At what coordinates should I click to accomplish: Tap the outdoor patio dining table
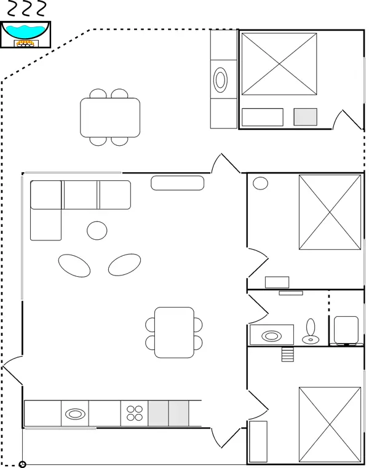click(110, 117)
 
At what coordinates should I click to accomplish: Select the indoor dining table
click(174, 333)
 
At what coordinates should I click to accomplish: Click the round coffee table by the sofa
click(97, 230)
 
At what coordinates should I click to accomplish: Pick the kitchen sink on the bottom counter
click(74, 413)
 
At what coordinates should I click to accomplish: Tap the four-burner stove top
click(134, 413)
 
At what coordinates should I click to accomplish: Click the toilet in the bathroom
click(311, 330)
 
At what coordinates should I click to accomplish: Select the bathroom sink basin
click(270, 336)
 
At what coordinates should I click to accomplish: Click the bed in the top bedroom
click(279, 64)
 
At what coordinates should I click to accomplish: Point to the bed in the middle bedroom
click(330, 212)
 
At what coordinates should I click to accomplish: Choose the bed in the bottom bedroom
click(330, 424)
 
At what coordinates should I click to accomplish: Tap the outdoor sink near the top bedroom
click(221, 79)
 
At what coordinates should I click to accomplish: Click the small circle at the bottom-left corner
click(23, 464)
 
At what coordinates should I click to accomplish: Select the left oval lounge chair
click(74, 265)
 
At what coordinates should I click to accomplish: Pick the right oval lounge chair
click(124, 264)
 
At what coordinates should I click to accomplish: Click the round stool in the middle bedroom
click(261, 183)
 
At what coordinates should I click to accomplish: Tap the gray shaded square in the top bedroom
click(305, 117)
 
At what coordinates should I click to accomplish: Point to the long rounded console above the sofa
click(178, 182)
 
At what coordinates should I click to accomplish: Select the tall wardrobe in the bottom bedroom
click(258, 441)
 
